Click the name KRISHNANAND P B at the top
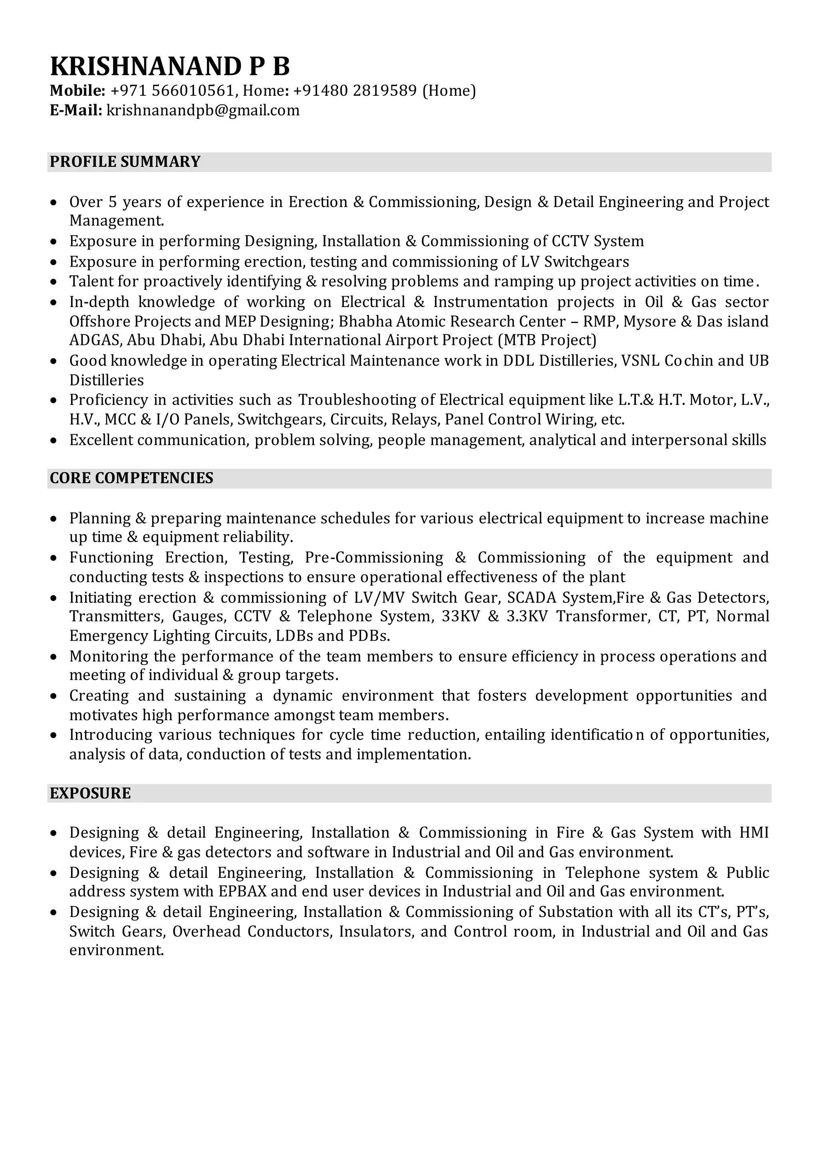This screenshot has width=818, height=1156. pyautogui.click(x=170, y=66)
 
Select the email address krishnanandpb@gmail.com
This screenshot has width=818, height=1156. pyautogui.click(x=203, y=110)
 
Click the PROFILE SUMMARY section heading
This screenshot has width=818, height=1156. pyautogui.click(x=125, y=162)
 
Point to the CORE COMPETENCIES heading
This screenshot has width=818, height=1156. pyautogui.click(x=131, y=478)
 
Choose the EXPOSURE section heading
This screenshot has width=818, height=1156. pyautogui.click(x=90, y=794)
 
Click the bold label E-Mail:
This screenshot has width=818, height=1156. pyautogui.click(x=76, y=110)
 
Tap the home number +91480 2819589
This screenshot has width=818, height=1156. pyautogui.click(x=355, y=91)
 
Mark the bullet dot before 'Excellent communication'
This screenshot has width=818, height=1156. pyautogui.click(x=54, y=441)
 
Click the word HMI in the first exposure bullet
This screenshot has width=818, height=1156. pyautogui.click(x=754, y=833)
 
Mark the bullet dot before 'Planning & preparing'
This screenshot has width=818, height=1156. pyautogui.click(x=54, y=519)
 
